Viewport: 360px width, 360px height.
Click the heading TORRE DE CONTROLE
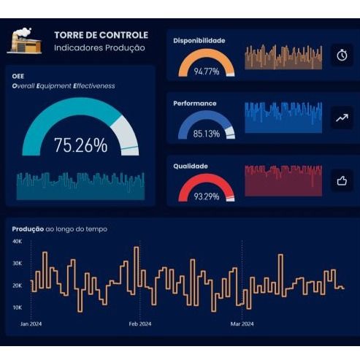[101, 34]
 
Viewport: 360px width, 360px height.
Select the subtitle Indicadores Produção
[99, 47]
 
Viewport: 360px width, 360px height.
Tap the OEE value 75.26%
[80, 145]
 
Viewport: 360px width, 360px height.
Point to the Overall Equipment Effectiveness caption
[64, 85]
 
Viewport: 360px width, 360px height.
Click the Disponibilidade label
[199, 40]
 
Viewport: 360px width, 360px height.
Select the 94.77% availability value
[207, 72]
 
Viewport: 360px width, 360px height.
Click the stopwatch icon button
[342, 55]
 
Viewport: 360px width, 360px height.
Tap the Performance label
[194, 103]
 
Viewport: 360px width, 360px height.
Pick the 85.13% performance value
[207, 134]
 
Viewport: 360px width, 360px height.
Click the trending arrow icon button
[342, 117]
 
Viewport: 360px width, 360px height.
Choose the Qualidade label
[190, 166]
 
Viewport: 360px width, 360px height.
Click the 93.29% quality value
[207, 197]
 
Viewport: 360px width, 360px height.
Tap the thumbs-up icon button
[342, 180]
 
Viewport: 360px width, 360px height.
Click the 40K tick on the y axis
[18, 241]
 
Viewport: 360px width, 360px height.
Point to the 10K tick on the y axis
[18, 307]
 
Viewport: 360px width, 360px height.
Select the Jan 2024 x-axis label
[31, 323]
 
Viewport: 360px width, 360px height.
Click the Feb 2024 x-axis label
[139, 323]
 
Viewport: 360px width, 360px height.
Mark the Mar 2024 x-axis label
[242, 323]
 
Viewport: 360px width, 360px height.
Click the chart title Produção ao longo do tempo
[59, 229]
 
